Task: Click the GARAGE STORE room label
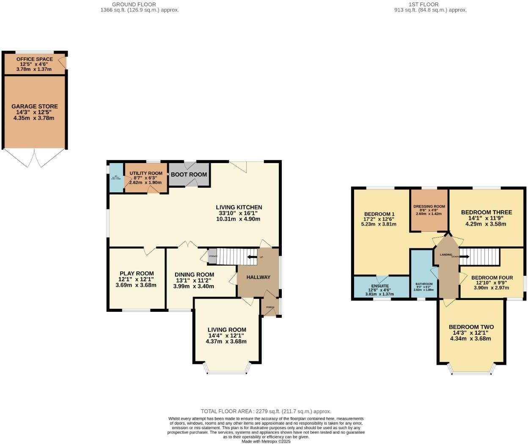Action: [x=34, y=106]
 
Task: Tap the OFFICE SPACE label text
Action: [x=34, y=59]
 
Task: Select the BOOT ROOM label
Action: [x=189, y=175]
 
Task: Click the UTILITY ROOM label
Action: [x=146, y=174]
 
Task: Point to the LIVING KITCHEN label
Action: [x=240, y=207]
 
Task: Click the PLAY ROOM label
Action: [x=136, y=274]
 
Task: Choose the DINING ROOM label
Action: [x=194, y=275]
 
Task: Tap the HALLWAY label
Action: [x=258, y=277]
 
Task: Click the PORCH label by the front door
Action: [x=270, y=308]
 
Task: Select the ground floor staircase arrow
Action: [x=252, y=257]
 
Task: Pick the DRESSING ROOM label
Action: [x=429, y=207]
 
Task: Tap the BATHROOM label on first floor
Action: [x=423, y=284]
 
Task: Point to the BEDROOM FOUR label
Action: [x=492, y=278]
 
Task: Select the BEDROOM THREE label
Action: [x=486, y=212]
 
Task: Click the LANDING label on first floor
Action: [x=445, y=255]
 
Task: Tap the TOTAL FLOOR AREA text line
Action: [x=266, y=411]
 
